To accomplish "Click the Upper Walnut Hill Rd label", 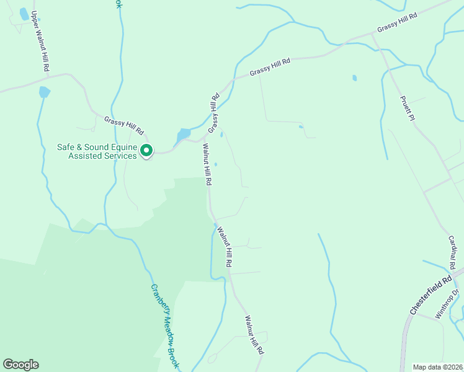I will pos(40,42).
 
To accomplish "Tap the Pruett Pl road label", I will pos(406,108).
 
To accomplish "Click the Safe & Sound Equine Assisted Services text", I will pos(96,151).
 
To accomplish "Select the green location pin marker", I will pos(146,151).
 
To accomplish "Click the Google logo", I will pos(20,365).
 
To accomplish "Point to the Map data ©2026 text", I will pos(437,366).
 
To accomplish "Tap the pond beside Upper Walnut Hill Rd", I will pos(44,92).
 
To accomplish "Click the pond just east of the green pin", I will pos(184,134).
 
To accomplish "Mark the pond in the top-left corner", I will pos(24,14).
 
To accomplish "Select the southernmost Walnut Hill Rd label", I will pos(254,335).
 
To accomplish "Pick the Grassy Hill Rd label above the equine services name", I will pos(124,126).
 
